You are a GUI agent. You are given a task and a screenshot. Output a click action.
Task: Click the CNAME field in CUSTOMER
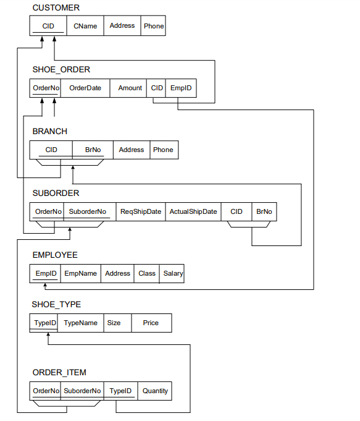click(x=85, y=26)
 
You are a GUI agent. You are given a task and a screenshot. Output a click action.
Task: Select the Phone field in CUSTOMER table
click(x=153, y=26)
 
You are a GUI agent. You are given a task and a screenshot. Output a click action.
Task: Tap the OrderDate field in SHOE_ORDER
click(x=85, y=88)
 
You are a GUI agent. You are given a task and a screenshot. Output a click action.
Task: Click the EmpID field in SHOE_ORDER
click(x=181, y=88)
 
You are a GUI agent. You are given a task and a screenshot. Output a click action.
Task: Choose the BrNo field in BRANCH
click(x=93, y=150)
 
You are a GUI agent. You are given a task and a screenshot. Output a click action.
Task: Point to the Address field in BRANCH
click(x=132, y=150)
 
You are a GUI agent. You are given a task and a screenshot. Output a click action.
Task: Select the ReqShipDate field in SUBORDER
click(x=141, y=211)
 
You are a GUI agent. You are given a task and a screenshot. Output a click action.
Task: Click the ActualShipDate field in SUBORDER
click(x=193, y=211)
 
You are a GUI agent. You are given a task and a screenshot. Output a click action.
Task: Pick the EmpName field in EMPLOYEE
click(x=80, y=273)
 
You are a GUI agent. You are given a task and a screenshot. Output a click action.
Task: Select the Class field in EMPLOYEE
click(x=147, y=273)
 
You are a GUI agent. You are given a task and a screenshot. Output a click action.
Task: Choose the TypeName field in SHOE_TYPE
click(x=80, y=323)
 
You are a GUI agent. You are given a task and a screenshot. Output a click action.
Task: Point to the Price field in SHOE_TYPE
click(x=151, y=323)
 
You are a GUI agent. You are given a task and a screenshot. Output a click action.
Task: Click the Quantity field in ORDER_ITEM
click(x=155, y=391)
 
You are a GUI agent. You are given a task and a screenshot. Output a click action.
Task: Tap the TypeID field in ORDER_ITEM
click(x=120, y=391)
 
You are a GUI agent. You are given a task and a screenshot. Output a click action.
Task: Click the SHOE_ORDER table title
click(x=61, y=69)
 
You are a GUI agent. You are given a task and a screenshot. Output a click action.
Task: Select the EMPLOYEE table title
click(x=55, y=255)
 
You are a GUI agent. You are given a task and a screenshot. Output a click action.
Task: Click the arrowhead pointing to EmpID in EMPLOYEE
click(x=45, y=286)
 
